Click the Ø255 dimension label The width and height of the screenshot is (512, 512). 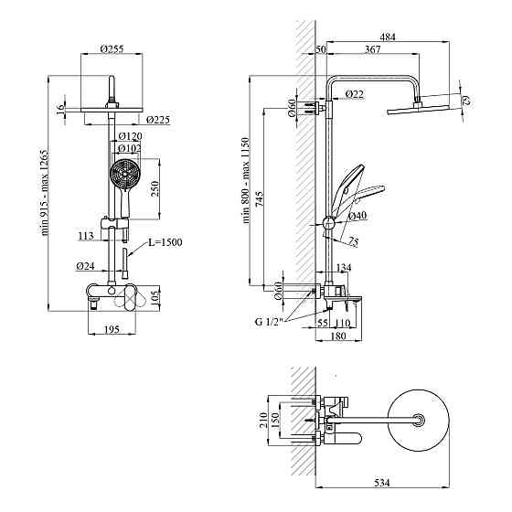112,49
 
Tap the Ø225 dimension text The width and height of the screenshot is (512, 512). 158,120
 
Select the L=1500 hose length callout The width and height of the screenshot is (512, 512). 165,242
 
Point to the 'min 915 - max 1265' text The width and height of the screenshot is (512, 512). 45,193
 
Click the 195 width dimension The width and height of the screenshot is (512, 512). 112,329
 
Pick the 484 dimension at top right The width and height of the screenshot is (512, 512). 388,37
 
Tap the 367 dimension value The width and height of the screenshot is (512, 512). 373,49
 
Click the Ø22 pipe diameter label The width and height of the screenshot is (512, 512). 355,94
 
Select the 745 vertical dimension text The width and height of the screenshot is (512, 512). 260,199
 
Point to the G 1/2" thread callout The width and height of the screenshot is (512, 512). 268,322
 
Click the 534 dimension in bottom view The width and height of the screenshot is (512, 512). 382,483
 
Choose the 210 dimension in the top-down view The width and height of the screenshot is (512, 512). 263,421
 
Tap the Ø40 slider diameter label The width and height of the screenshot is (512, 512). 357,216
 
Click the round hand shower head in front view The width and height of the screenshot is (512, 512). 125,175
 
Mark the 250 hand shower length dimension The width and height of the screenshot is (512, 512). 155,188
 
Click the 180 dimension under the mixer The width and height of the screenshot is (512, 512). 338,336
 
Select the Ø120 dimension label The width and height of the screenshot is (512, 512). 130,136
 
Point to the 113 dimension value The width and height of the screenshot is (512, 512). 86,236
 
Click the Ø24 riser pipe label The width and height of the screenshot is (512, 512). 86,266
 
